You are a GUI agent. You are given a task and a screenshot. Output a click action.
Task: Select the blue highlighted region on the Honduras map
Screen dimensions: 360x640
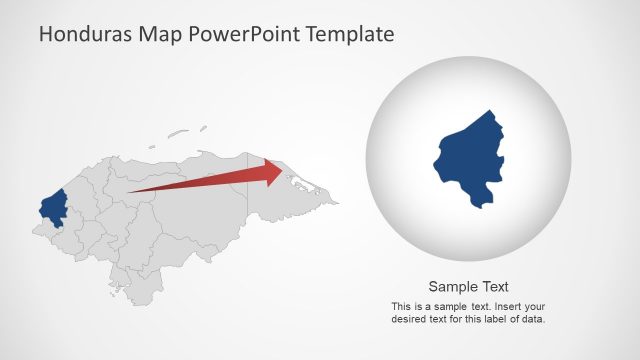52,207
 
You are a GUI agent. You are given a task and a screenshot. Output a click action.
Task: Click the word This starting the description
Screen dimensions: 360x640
401,306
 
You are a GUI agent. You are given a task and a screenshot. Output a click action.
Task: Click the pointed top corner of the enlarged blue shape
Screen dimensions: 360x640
491,111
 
